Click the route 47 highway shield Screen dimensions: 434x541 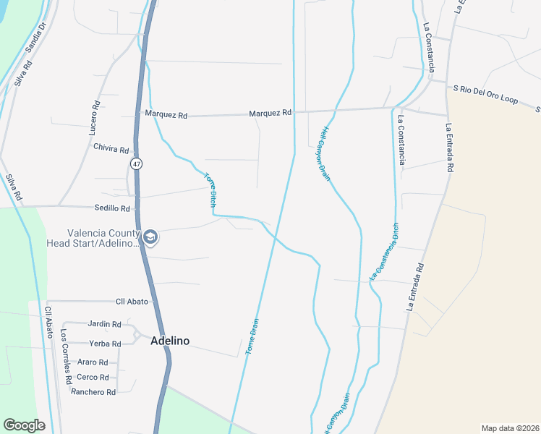click(136, 164)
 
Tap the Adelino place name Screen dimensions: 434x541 click(170, 341)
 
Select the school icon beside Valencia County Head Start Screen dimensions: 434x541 click(150, 237)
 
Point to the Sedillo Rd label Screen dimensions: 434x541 click(112, 208)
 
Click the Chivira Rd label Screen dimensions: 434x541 click(111, 149)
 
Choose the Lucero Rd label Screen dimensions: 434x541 click(95, 115)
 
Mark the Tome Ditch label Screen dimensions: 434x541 click(210, 190)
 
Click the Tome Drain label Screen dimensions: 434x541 click(252, 337)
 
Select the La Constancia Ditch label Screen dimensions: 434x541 click(384, 251)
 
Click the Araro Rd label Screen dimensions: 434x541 click(92, 362)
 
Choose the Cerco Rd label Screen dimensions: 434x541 click(93, 377)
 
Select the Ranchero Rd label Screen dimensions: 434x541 click(93, 392)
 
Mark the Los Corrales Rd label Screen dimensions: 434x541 click(66, 357)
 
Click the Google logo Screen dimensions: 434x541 click(24, 425)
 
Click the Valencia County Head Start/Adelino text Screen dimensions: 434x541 click(103, 238)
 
